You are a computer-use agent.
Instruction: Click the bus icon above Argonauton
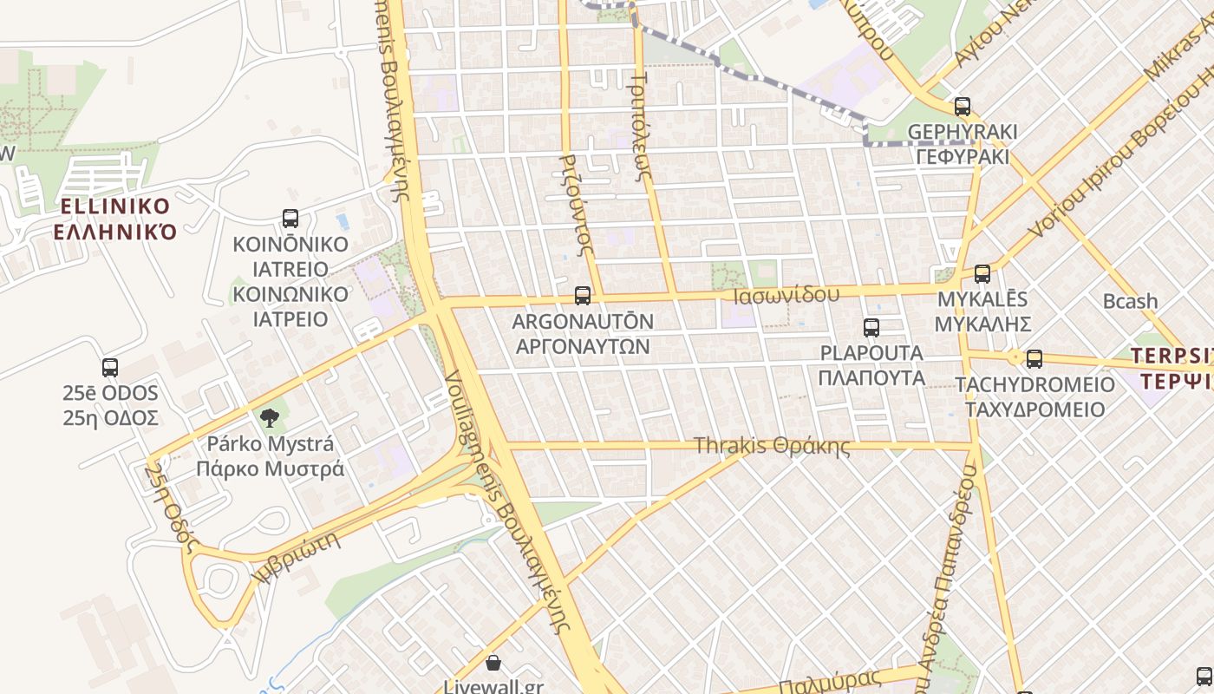(583, 296)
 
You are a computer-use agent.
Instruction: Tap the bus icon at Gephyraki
(963, 107)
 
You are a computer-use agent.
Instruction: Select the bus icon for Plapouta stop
(871, 328)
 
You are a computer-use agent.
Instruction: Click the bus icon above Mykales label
(982, 274)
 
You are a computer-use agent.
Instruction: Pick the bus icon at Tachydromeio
(1035, 358)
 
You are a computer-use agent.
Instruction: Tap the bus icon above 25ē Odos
(110, 367)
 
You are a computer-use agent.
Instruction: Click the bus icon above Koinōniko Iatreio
(290, 219)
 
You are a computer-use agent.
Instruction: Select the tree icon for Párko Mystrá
(270, 418)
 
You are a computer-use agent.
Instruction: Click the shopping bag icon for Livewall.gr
(493, 664)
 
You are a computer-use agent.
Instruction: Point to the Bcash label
(1130, 301)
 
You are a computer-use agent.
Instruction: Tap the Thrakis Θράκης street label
(772, 446)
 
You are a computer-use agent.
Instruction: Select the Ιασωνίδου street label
(786, 295)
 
